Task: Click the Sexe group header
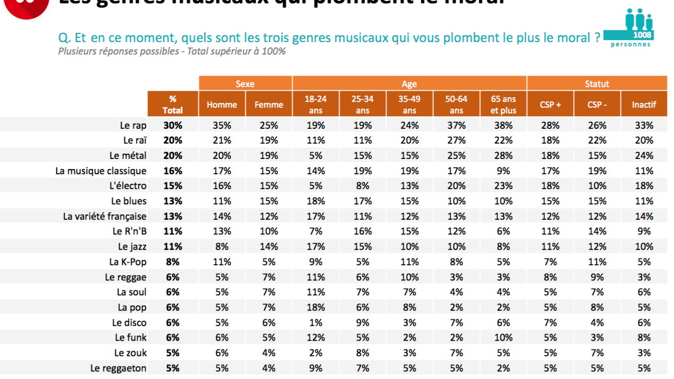click(245, 84)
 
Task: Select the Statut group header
click(597, 84)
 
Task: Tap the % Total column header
click(173, 104)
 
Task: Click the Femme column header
click(269, 105)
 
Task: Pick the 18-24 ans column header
click(315, 104)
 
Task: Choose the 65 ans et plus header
click(503, 104)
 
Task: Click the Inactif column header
click(644, 105)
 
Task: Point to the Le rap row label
click(133, 125)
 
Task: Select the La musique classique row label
click(101, 171)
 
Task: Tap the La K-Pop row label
click(127, 262)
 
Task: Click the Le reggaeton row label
click(118, 368)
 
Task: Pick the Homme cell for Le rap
click(222, 125)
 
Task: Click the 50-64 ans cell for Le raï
click(456, 140)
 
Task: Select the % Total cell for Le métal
click(173, 156)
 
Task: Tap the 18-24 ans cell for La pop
click(315, 307)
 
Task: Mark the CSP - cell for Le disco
click(597, 323)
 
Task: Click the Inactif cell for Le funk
click(644, 337)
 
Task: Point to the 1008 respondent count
click(642, 35)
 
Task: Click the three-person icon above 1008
click(639, 19)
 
